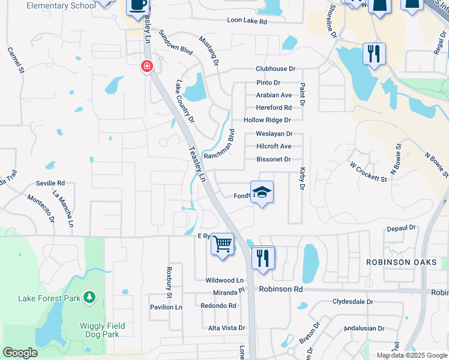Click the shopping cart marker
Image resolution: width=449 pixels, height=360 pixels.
223,244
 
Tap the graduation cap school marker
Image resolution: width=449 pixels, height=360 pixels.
262,193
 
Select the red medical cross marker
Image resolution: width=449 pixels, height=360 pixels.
146,67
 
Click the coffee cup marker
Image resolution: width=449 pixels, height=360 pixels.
137,6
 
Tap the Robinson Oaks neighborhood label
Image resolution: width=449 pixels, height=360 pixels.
402,263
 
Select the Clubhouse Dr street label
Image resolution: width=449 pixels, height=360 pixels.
276,70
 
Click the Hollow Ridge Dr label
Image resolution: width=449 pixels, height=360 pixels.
268,121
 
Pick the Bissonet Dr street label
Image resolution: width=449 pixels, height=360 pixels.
274,160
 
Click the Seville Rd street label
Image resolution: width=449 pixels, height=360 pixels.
50,183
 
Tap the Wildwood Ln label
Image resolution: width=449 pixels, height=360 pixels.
224,280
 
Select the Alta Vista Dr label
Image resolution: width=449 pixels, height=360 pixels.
226,328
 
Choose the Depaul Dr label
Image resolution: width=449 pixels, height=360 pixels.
402,228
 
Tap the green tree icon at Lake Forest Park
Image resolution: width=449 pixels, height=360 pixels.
89,296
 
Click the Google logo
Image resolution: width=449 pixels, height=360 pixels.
20,353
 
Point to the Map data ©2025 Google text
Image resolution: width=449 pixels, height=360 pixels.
411,355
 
